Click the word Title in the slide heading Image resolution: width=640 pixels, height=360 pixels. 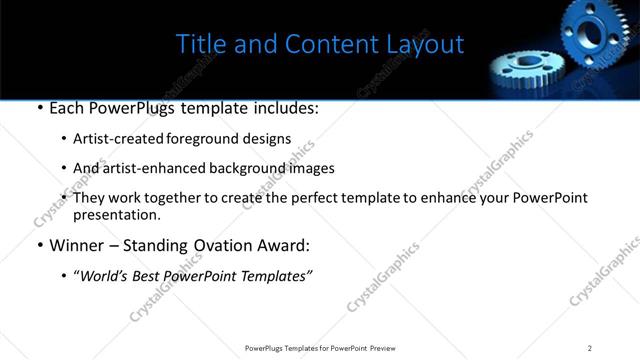click(x=200, y=45)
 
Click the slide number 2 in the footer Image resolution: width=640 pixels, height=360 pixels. click(x=590, y=348)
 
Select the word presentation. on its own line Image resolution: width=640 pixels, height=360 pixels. click(x=116, y=214)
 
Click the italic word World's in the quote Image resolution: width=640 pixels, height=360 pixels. click(x=105, y=275)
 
